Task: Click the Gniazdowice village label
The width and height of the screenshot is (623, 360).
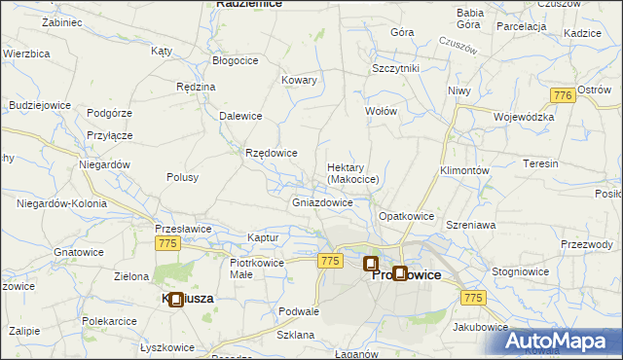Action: coord(322,203)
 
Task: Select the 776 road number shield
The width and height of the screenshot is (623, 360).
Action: coord(561,95)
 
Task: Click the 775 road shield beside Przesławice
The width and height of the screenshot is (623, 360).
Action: coord(166,247)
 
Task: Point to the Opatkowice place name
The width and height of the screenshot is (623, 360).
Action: coord(405,215)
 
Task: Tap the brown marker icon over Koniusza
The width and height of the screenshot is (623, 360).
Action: coord(175,300)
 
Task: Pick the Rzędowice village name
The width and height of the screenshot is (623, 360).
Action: coord(272,153)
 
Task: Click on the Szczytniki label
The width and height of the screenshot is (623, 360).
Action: coord(395,68)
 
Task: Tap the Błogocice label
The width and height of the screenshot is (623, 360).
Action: coord(236,59)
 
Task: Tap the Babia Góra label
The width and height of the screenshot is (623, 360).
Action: coord(470,18)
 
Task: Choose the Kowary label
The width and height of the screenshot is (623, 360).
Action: coord(299,80)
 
